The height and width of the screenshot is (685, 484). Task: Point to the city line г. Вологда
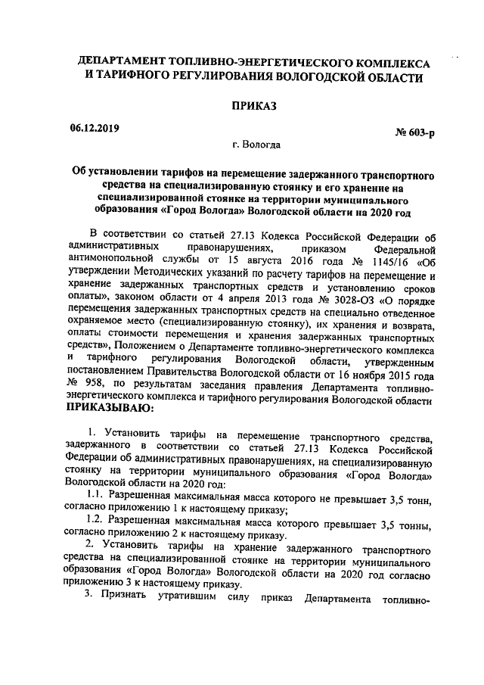[257, 144]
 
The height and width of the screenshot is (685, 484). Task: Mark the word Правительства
[212, 373]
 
